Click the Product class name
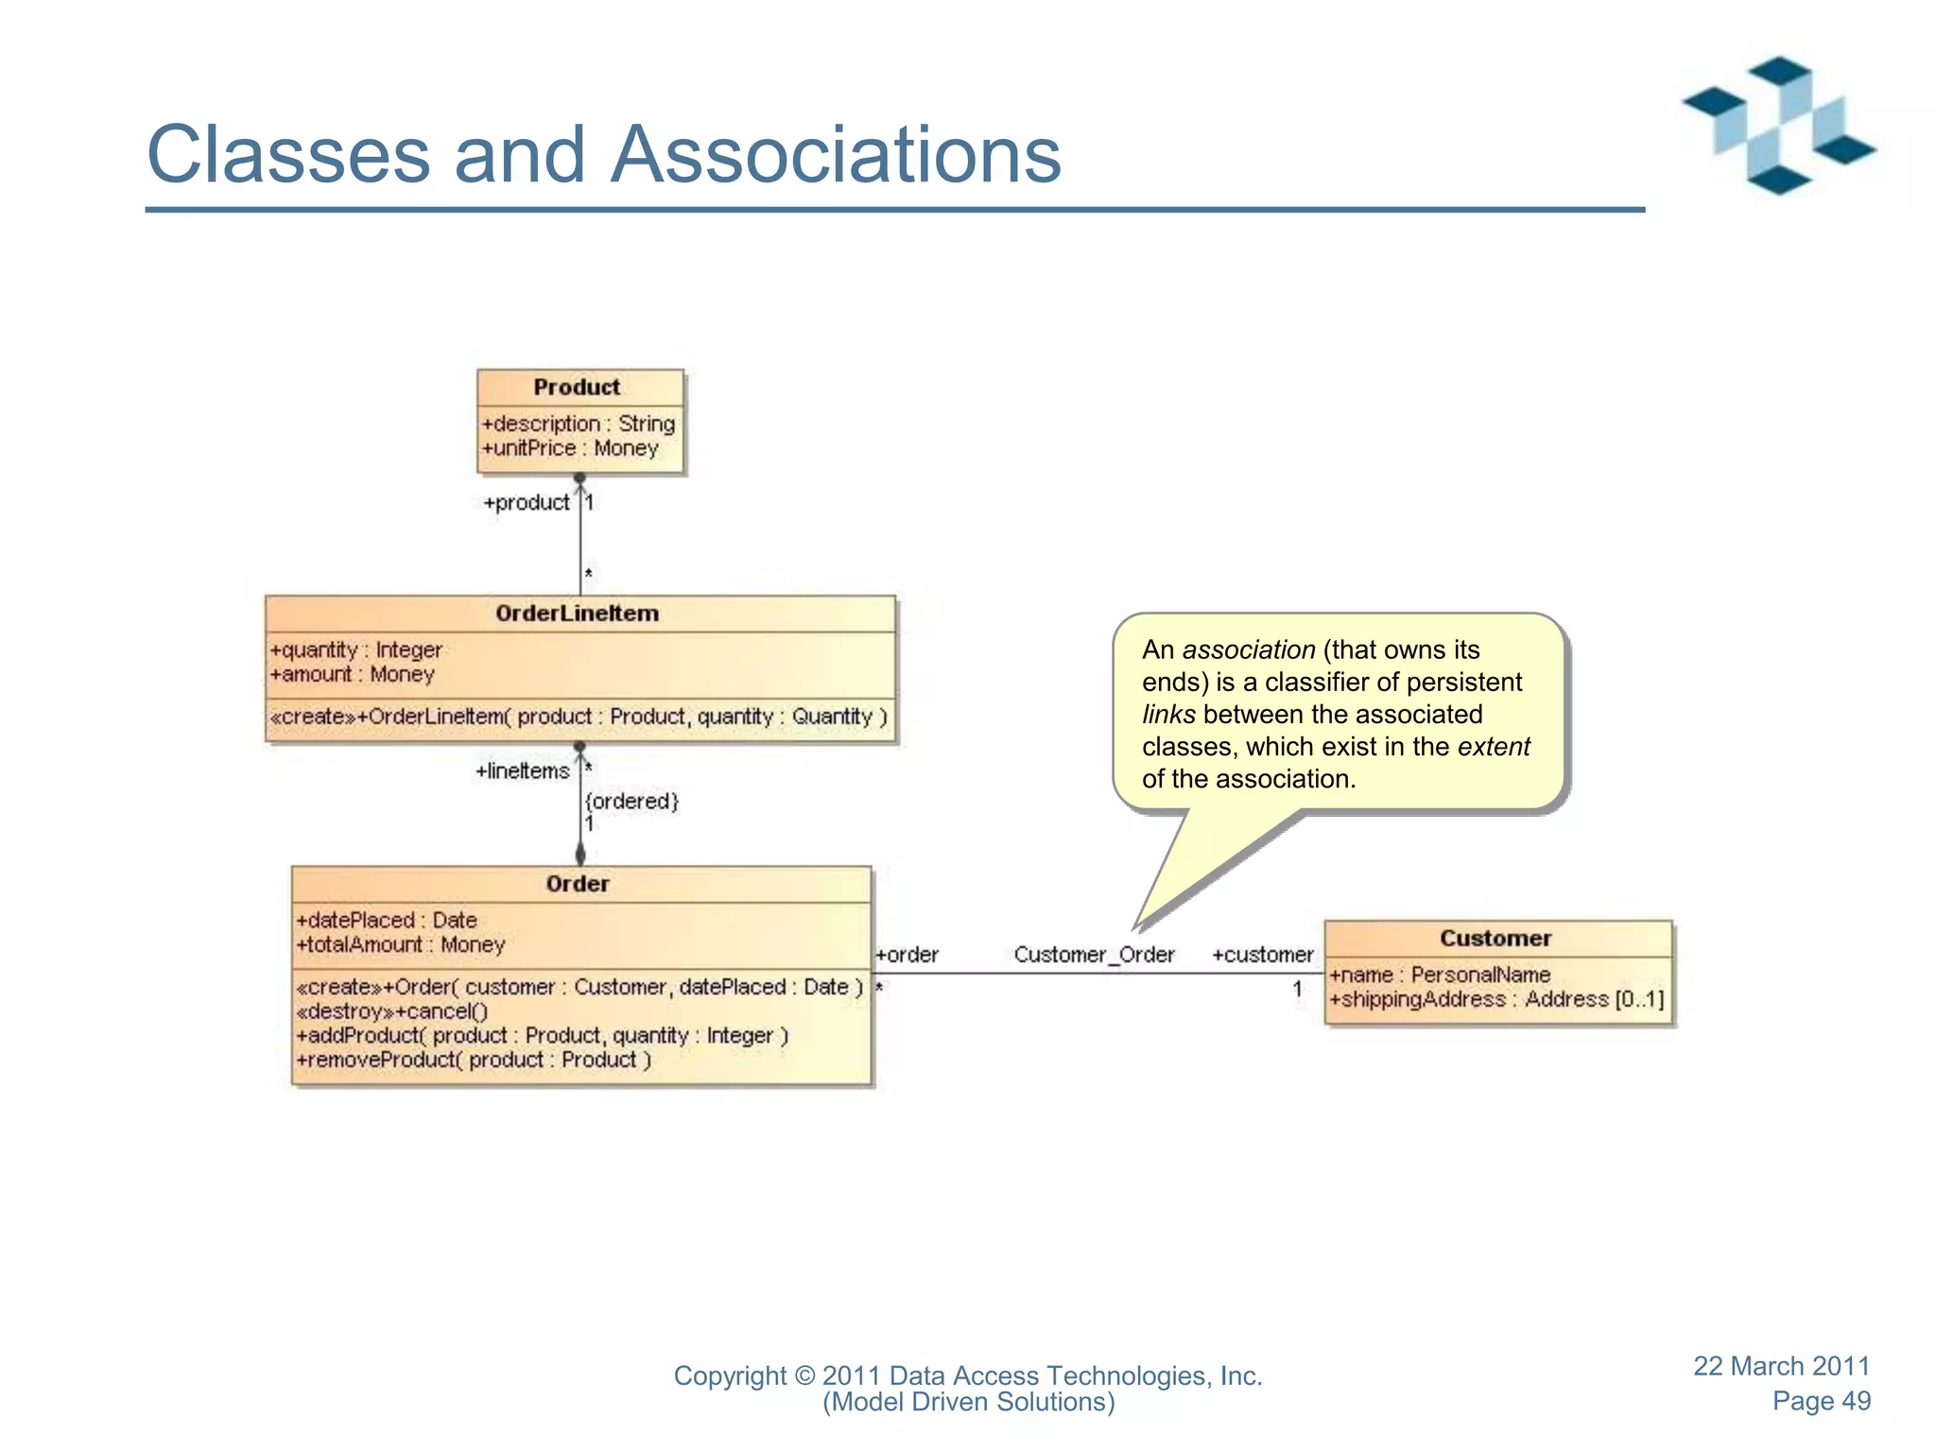point(577,388)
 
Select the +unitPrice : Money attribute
point(570,448)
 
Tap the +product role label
point(527,503)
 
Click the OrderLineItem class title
point(577,614)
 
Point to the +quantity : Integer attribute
point(356,650)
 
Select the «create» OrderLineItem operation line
point(579,717)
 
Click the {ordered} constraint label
point(631,802)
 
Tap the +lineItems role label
point(523,771)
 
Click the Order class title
point(578,884)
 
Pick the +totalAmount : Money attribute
point(401,944)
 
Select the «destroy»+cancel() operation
point(392,1011)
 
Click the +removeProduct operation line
point(474,1060)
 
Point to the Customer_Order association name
point(1094,955)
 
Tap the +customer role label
point(1262,955)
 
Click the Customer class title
point(1495,939)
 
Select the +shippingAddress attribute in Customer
point(1495,999)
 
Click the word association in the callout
point(1248,650)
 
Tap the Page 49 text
point(1821,1401)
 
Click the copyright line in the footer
point(967,1375)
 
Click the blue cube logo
point(1778,126)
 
